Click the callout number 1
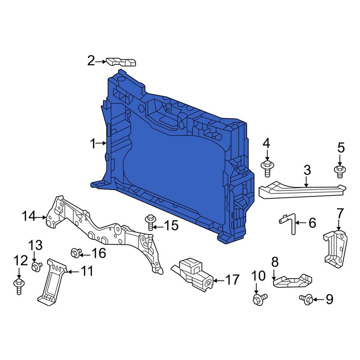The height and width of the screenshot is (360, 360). click(93, 144)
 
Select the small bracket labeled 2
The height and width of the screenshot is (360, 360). click(121, 62)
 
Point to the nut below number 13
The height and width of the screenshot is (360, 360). click(36, 267)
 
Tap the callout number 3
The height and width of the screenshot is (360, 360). click(307, 170)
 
